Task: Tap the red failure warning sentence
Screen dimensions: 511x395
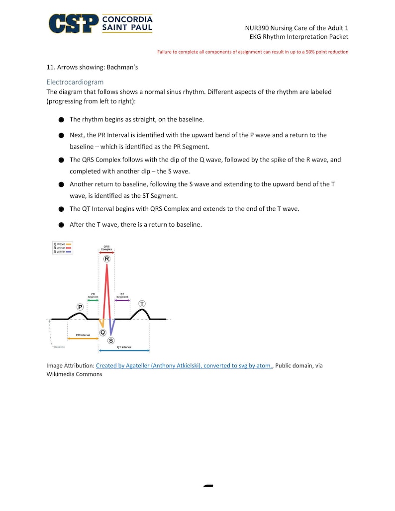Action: click(x=253, y=52)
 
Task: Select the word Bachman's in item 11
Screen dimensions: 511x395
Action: click(x=122, y=67)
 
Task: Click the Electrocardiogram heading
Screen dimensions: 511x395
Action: click(x=75, y=82)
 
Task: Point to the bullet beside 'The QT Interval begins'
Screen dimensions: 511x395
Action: click(x=61, y=209)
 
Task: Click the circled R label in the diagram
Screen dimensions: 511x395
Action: click(x=106, y=259)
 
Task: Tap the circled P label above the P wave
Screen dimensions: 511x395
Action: click(x=80, y=307)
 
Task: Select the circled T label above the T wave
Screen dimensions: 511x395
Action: click(x=142, y=304)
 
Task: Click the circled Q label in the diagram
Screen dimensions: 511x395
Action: click(x=102, y=332)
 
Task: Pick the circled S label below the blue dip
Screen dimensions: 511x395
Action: click(x=110, y=341)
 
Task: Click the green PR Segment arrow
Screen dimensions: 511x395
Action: click(x=93, y=301)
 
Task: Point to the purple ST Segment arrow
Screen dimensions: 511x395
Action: click(x=122, y=300)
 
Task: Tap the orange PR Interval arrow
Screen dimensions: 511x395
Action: click(x=83, y=339)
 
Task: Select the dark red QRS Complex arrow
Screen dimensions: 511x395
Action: click(x=106, y=253)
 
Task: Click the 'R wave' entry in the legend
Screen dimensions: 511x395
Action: click(x=59, y=248)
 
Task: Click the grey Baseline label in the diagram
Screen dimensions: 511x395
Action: click(x=59, y=346)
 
